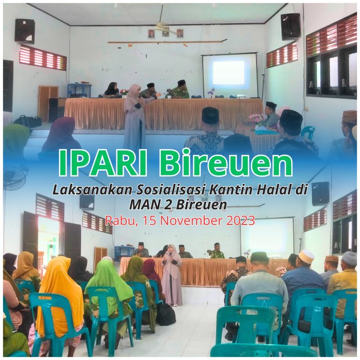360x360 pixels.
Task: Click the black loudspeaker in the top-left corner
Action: (x=25, y=32)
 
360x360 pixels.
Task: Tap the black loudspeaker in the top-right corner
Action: (x=291, y=26)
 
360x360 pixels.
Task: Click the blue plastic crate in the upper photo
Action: (x=79, y=91)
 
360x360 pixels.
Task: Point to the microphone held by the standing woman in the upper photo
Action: (x=139, y=97)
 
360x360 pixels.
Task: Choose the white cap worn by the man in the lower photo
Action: (x=307, y=254)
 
